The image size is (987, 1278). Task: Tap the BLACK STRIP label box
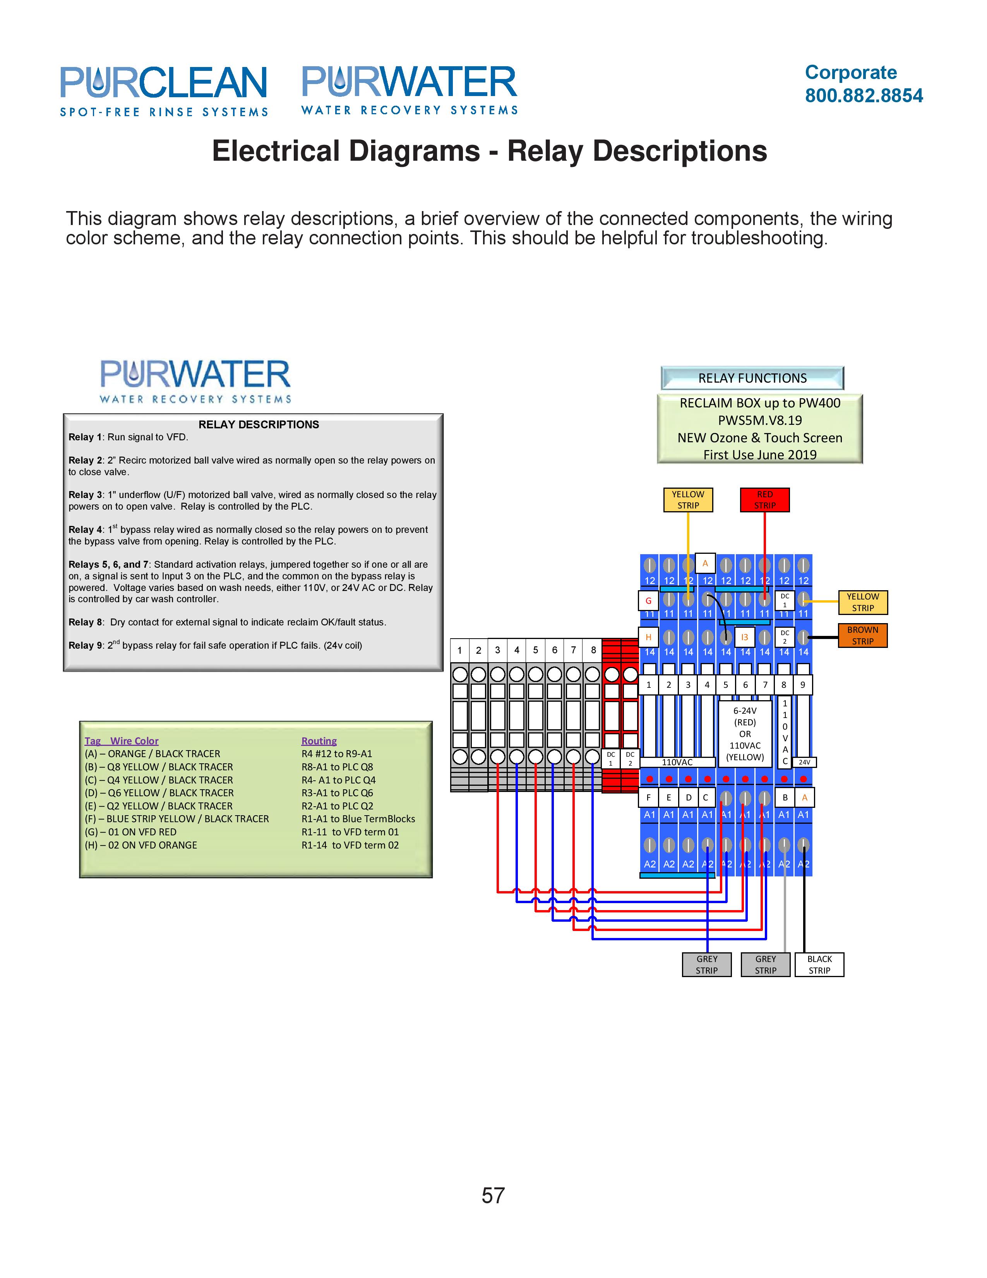click(x=819, y=964)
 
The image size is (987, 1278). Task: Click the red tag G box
click(x=648, y=600)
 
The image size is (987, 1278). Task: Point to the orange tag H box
click(x=648, y=637)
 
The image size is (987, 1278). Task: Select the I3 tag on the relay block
click(x=744, y=637)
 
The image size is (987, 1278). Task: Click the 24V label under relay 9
click(x=805, y=762)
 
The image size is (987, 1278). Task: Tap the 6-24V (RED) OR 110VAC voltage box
click(x=745, y=734)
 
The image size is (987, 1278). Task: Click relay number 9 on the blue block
click(x=803, y=685)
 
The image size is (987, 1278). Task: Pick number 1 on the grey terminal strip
click(x=459, y=650)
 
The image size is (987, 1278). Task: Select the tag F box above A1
click(x=648, y=797)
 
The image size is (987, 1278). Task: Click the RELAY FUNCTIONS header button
click(x=752, y=378)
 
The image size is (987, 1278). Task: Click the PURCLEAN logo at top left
click(x=164, y=91)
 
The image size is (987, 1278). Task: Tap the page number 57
click(x=493, y=1195)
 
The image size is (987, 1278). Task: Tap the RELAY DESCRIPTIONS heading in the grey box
click(x=259, y=424)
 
